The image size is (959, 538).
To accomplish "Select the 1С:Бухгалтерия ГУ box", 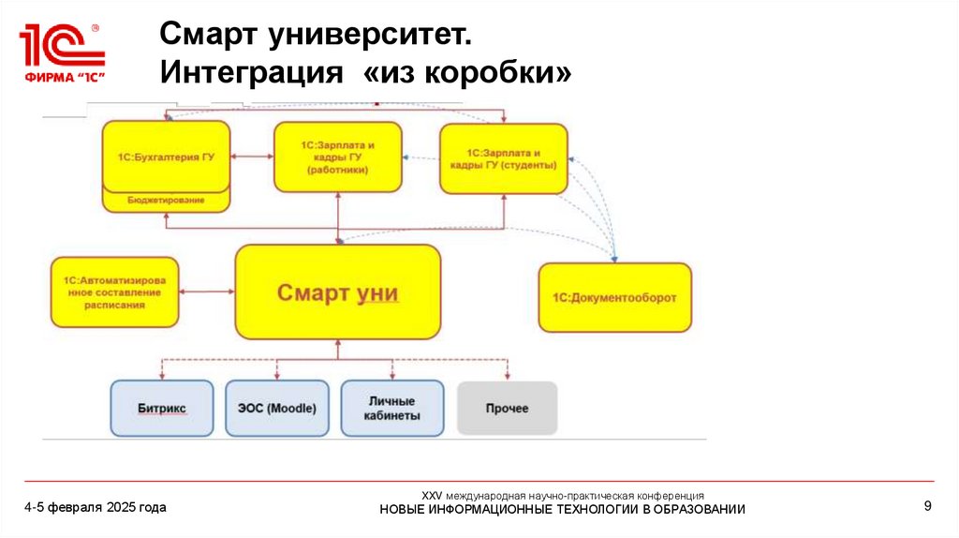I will (x=166, y=157).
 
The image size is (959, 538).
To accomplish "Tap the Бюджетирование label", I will (x=166, y=201).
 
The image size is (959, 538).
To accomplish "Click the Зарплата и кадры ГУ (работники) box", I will (x=337, y=157).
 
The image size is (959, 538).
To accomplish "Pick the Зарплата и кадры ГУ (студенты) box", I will (x=503, y=158).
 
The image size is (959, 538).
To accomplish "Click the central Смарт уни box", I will (x=337, y=292).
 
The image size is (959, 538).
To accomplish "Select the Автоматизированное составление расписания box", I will (x=113, y=292).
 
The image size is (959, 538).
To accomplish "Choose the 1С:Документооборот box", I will (x=614, y=297).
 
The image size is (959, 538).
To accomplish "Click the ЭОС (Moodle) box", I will (x=277, y=408).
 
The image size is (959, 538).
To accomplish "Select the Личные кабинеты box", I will (x=392, y=408).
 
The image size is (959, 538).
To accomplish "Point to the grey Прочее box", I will (x=507, y=408).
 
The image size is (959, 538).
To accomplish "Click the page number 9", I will (x=927, y=506).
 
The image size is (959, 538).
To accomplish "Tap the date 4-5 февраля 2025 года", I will (x=96, y=507).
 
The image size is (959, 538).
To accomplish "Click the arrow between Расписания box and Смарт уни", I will (x=206, y=292).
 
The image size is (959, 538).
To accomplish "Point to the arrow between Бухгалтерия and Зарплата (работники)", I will (x=252, y=157).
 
